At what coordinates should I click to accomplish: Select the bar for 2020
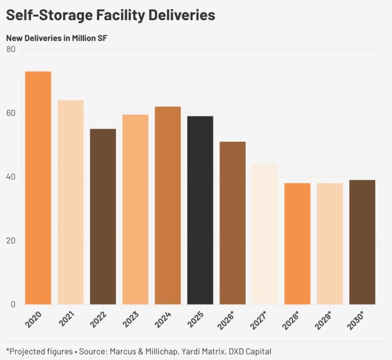[x=38, y=188]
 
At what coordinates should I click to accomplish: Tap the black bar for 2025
[x=200, y=210]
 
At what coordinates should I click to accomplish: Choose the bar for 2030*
[x=362, y=242]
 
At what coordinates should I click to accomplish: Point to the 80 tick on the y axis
[x=11, y=49]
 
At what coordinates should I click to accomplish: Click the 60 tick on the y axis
[x=11, y=113]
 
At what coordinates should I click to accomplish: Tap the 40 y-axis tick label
[x=11, y=177]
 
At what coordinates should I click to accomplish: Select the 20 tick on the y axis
[x=11, y=241]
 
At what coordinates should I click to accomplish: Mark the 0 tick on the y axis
[x=13, y=305]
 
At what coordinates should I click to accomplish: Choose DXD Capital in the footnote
[x=250, y=351]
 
